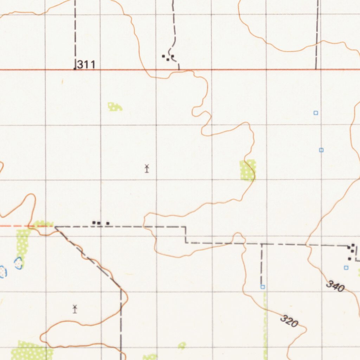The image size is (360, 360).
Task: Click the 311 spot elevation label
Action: (x=86, y=64)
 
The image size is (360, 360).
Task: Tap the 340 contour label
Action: (x=335, y=286)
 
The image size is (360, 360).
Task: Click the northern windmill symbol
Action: (x=147, y=168)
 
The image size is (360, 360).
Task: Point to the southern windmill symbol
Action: (x=75, y=309)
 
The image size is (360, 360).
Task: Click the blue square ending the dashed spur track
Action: (x=263, y=287)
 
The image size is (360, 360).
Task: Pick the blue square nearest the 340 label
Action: (x=346, y=268)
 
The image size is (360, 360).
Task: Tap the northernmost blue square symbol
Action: (x=316, y=113)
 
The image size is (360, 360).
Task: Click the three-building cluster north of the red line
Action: (x=168, y=57)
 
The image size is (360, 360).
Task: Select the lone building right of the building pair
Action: (x=108, y=223)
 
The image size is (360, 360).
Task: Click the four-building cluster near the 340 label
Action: (x=351, y=252)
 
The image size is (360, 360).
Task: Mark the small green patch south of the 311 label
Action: (x=115, y=107)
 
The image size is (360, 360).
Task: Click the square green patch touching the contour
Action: (x=247, y=170)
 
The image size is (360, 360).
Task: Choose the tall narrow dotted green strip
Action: (x=22, y=247)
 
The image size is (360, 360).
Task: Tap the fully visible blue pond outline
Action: (x=18, y=263)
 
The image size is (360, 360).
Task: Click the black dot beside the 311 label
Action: (x=75, y=69)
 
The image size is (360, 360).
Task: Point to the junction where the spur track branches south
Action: (x=262, y=244)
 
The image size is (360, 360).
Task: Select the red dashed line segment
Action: (x=14, y=226)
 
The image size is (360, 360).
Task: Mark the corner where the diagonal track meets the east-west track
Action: (x=55, y=227)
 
